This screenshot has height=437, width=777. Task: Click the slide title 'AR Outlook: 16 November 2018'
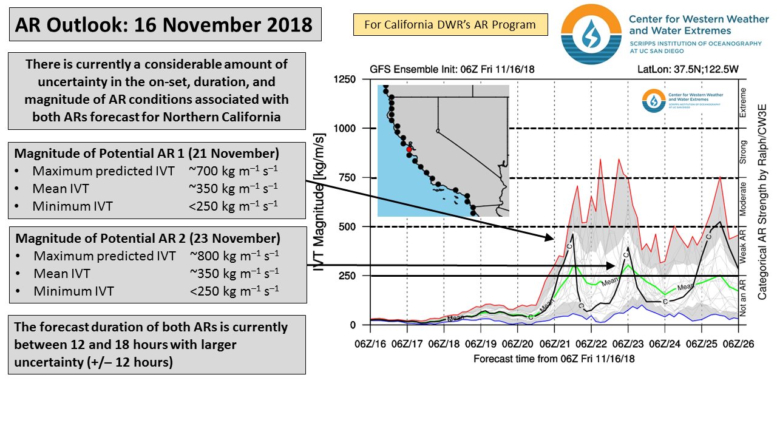pyautogui.click(x=164, y=25)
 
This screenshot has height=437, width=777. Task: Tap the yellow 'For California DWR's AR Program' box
pyautogui.click(x=450, y=25)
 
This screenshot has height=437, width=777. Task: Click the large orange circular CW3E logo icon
pyautogui.click(x=591, y=34)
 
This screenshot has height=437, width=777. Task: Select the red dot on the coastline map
pyautogui.click(x=409, y=149)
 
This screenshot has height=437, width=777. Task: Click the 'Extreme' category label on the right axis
pyautogui.click(x=742, y=103)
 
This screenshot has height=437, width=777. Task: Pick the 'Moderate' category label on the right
pyautogui.click(x=742, y=202)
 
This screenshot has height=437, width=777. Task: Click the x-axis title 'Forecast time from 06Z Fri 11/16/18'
pyautogui.click(x=554, y=359)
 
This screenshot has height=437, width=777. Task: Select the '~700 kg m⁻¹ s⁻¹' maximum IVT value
pyautogui.click(x=233, y=171)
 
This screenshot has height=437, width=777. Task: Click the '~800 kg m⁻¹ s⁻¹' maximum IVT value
pyautogui.click(x=234, y=256)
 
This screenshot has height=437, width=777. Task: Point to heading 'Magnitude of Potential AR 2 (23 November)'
pyautogui.click(x=148, y=237)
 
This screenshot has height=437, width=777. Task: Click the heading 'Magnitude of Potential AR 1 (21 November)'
pyautogui.click(x=147, y=152)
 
